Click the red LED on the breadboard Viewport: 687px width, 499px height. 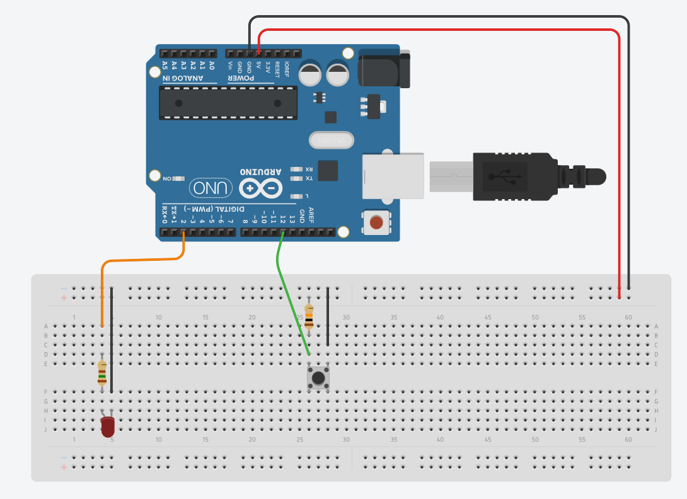108,427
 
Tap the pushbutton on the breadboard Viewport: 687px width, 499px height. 318,378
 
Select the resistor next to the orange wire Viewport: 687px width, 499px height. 102,374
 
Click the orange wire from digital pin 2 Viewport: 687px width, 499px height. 142,260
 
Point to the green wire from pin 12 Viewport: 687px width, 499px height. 291,296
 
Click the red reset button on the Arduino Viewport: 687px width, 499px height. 376,222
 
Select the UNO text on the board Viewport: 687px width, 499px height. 211,188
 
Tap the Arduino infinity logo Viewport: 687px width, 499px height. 260,188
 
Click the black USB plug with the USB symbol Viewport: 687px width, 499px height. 511,176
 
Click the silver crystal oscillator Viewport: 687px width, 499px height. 332,141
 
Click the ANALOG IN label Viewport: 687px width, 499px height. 183,79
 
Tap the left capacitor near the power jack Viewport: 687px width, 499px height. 311,74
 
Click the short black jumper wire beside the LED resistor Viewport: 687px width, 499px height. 112,340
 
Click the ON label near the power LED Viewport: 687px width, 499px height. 167,179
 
